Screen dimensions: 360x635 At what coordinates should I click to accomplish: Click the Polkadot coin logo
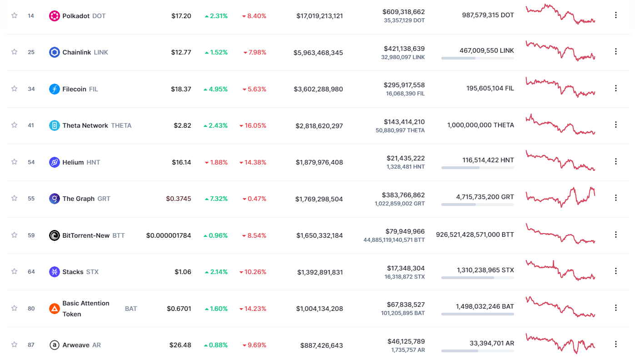(55, 15)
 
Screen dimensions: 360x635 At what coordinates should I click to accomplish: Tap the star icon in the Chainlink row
(14, 52)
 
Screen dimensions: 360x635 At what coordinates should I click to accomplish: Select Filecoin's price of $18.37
(181, 89)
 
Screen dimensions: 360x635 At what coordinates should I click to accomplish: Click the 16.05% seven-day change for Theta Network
(253, 125)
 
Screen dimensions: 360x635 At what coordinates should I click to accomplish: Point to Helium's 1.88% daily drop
(216, 162)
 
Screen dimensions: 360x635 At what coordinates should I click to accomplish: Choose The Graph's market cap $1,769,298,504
(319, 199)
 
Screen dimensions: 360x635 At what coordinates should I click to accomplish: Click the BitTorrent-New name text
(86, 235)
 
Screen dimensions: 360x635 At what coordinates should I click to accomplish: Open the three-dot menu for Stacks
(616, 271)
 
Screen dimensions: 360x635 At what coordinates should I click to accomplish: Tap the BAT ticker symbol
(131, 309)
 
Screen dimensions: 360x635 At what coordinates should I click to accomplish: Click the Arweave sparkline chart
(560, 344)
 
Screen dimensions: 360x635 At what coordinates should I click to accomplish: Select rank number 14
(31, 15)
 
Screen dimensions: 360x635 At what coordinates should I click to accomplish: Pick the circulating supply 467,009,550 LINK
(477, 51)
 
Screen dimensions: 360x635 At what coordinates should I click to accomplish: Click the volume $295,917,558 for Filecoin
(404, 85)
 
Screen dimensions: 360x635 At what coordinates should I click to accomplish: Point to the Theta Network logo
(55, 125)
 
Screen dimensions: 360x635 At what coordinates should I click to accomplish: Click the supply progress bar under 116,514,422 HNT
(477, 168)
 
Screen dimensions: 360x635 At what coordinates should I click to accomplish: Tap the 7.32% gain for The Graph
(216, 199)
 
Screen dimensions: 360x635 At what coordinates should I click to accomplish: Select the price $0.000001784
(169, 235)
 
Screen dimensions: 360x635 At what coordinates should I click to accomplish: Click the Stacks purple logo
(55, 272)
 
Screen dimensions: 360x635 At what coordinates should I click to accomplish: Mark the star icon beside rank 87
(14, 345)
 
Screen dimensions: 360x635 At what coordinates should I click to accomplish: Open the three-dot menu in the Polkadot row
(616, 15)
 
